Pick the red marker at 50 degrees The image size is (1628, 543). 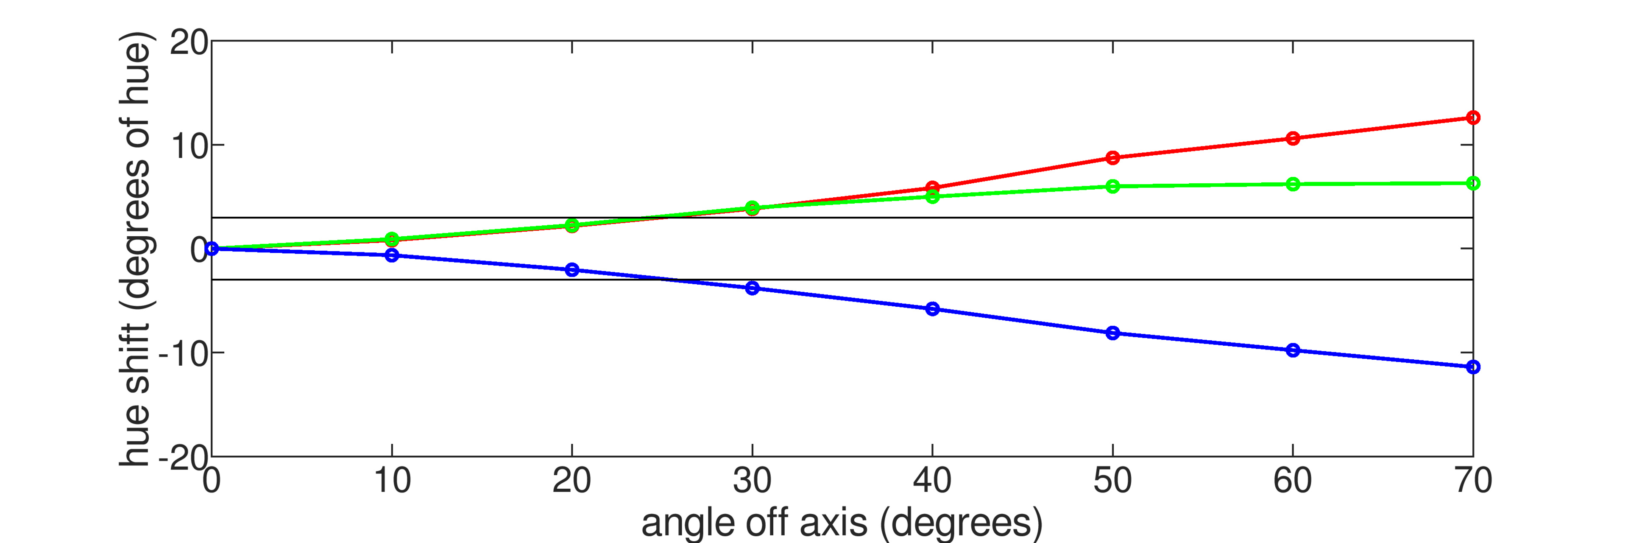pyautogui.click(x=1113, y=157)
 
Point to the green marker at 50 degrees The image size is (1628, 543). pyautogui.click(x=1113, y=186)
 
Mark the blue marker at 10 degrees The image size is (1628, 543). pyautogui.click(x=392, y=255)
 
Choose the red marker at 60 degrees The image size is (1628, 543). pyautogui.click(x=1293, y=138)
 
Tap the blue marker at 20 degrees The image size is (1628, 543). pyautogui.click(x=572, y=270)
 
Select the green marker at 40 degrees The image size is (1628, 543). pyautogui.click(x=932, y=196)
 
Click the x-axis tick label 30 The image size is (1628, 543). pyautogui.click(x=752, y=481)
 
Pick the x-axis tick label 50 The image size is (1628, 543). pyautogui.click(x=1113, y=481)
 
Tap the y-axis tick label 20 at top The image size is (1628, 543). pyautogui.click(x=188, y=44)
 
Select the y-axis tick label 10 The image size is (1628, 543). pyautogui.click(x=188, y=147)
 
